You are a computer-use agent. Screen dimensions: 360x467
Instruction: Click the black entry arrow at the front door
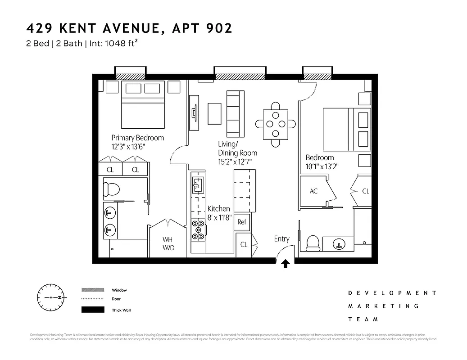pos(285,264)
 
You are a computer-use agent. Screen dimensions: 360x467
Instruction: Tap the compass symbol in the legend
pos(51,297)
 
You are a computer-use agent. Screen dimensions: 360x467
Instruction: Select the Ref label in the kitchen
pos(242,221)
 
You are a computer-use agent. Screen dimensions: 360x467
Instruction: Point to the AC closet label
pos(313,191)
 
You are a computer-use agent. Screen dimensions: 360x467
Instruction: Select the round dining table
pos(276,124)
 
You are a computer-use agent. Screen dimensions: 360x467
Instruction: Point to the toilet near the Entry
pos(313,243)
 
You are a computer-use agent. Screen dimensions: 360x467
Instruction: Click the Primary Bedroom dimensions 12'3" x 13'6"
pos(128,147)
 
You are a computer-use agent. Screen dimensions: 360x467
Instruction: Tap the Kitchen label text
pos(218,209)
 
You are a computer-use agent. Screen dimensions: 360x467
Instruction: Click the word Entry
pos(281,239)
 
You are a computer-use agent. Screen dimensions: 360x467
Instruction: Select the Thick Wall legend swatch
pos(92,310)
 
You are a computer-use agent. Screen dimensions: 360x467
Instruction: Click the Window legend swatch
pos(92,290)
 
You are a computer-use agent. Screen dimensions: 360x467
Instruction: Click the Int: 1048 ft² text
pos(112,44)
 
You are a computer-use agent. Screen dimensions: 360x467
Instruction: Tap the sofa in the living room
pos(235,114)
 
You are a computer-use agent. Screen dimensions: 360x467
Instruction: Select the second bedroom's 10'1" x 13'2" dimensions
pos(322,166)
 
